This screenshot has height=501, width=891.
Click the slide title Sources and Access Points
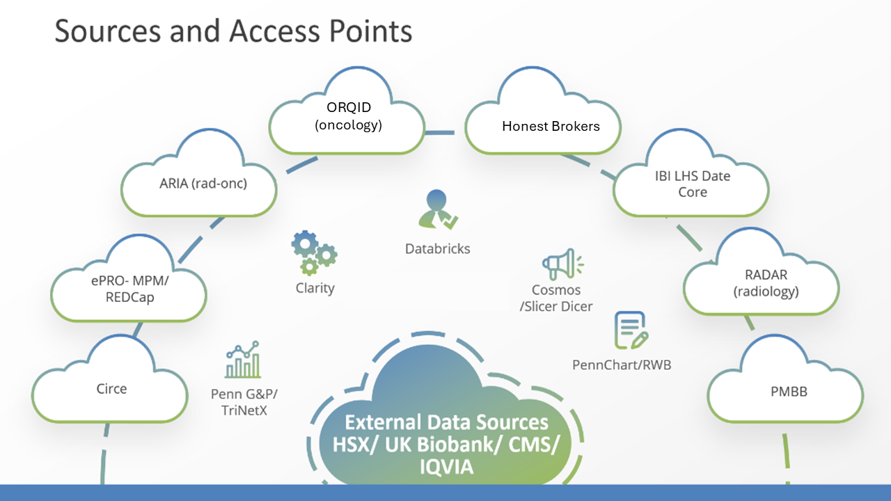click(x=233, y=32)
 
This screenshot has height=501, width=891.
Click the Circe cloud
click(x=111, y=388)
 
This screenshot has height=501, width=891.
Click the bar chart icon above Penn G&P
click(x=243, y=360)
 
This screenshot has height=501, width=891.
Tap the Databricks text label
click(x=438, y=248)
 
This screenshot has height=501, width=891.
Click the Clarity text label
click(x=315, y=288)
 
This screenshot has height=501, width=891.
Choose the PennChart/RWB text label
click(x=622, y=365)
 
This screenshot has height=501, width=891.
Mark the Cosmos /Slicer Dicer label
click(x=556, y=298)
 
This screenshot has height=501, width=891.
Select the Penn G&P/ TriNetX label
click(x=239, y=402)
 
